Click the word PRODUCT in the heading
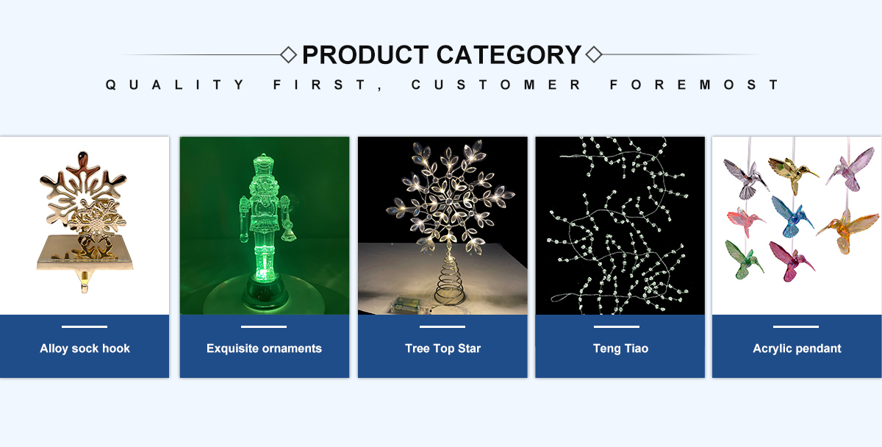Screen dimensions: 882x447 pyautogui.click(x=365, y=54)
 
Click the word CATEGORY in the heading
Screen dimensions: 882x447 pyautogui.click(x=509, y=54)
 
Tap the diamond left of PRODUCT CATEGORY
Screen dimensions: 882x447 pyautogui.click(x=288, y=54)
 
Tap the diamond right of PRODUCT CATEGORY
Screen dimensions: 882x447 pyautogui.click(x=594, y=54)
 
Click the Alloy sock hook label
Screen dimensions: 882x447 pyautogui.click(x=85, y=348)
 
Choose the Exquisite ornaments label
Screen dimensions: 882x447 pyautogui.click(x=264, y=348)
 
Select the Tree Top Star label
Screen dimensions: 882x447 pyautogui.click(x=442, y=348)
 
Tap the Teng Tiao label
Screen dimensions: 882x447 pyautogui.click(x=620, y=348)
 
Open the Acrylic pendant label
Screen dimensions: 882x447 pyautogui.click(x=797, y=348)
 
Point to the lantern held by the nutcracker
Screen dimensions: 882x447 pyautogui.click(x=290, y=232)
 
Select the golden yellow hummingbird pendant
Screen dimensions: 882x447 pyautogui.click(x=792, y=172)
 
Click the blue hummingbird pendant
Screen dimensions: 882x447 pyautogui.click(x=792, y=218)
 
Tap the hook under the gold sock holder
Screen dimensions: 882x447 pyautogui.click(x=85, y=283)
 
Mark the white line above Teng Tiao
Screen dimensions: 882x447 pyautogui.click(x=616, y=326)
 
